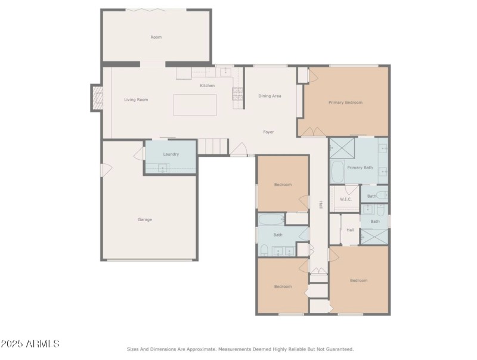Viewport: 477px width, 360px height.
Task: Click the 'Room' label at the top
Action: [156, 37]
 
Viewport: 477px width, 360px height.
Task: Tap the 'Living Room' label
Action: [136, 100]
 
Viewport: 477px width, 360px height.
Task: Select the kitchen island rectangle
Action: [195, 105]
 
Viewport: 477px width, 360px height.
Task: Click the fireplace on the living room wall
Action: [97, 98]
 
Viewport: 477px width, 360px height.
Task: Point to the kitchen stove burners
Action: [237, 93]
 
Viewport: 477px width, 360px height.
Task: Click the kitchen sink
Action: [226, 72]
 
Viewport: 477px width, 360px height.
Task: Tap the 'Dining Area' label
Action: [270, 96]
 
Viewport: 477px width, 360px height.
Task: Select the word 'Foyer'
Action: [269, 132]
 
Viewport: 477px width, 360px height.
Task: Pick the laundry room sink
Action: [163, 169]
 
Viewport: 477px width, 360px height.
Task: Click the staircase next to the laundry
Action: [213, 146]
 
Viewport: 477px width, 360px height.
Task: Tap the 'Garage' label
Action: [145, 219]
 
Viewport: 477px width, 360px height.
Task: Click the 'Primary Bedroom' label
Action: [345, 103]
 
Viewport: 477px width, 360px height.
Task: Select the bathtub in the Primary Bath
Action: [337, 172]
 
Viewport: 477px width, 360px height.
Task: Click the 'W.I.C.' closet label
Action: [344, 198]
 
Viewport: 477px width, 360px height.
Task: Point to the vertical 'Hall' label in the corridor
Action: [320, 204]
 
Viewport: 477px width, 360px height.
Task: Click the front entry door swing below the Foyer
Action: [240, 150]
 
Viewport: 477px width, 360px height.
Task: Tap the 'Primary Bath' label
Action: [360, 167]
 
